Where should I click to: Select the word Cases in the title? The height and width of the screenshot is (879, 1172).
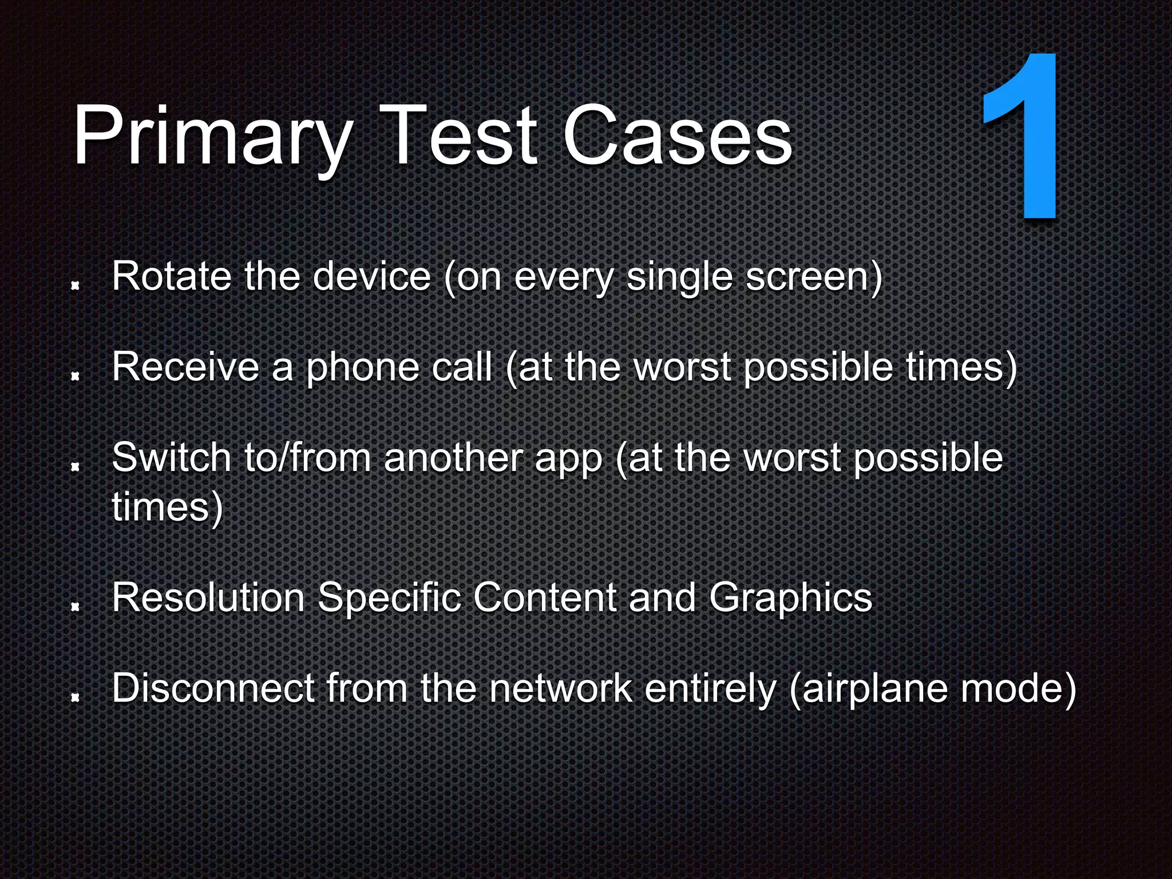pos(678,137)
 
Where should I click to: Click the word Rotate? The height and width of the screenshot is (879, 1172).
pos(170,276)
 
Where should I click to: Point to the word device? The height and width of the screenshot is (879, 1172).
pos(371,276)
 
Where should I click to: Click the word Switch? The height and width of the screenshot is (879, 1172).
pos(171,458)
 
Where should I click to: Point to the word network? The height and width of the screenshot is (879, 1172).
pos(561,688)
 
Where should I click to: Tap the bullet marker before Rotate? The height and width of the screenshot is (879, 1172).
pos(74,285)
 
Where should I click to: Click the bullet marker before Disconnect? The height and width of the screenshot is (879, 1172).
pos(74,697)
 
